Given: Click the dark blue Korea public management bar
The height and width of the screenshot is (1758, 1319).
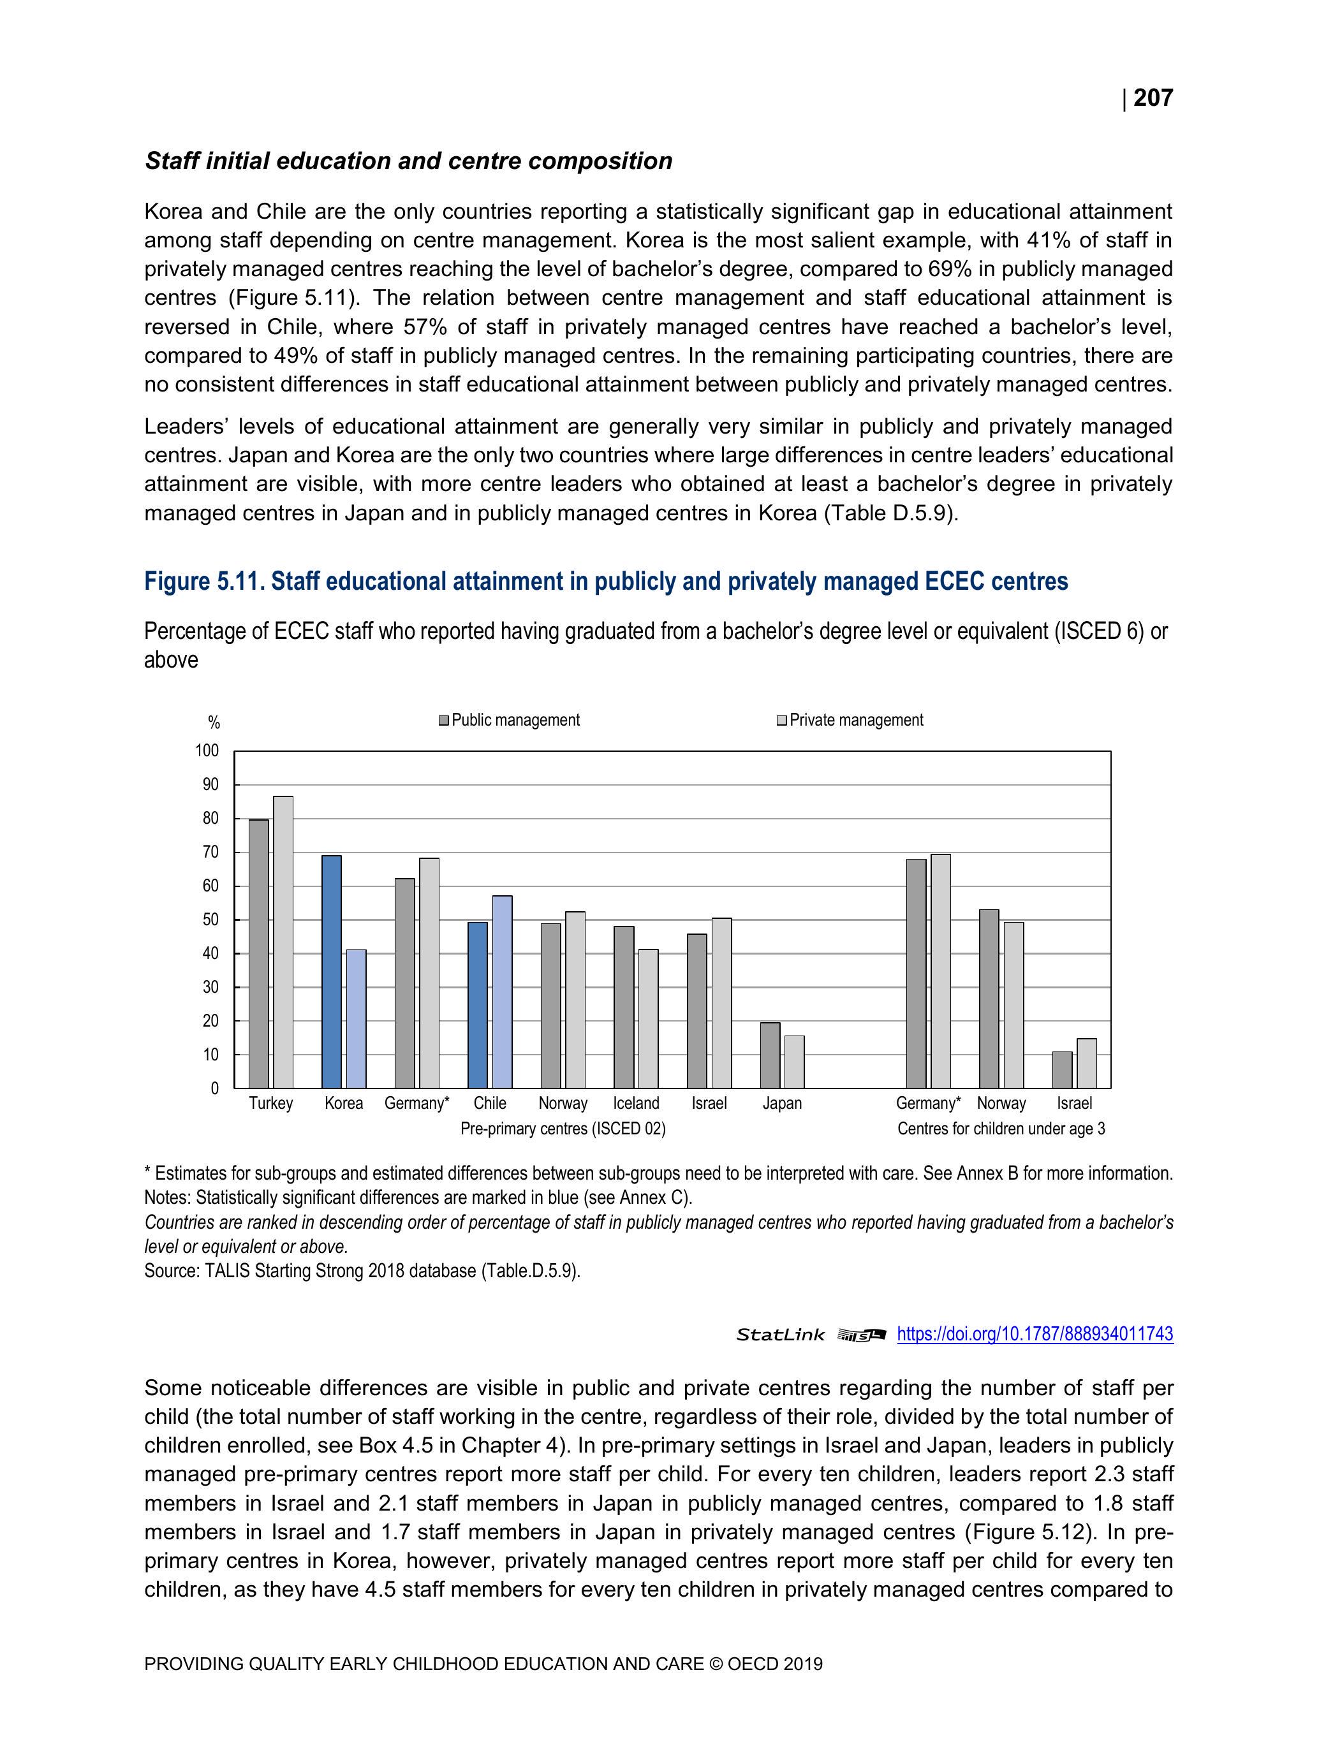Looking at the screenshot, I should pos(332,971).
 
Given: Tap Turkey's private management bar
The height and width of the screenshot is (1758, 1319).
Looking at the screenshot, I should pos(283,942).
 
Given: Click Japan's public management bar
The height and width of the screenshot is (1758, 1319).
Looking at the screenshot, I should pos(770,1055).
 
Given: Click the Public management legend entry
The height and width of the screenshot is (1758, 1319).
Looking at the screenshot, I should pos(509,720).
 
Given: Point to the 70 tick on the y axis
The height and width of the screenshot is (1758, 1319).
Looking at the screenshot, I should pos(210,852).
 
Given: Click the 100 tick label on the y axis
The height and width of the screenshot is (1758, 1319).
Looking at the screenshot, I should pos(207,751).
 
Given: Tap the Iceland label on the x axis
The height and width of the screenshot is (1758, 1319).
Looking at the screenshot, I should pos(636,1103).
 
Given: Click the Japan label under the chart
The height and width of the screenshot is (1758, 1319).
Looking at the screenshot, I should pos(781,1103).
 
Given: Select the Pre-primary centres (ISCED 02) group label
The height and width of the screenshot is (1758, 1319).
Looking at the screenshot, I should pos(563,1129).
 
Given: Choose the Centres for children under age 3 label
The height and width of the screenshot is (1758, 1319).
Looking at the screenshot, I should pos(1001,1129).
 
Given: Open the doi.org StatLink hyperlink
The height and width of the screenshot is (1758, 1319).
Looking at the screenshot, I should pos(1035,1335).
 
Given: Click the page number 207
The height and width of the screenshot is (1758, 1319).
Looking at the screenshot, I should pos(1153,98).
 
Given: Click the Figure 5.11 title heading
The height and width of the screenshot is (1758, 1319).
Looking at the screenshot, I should pos(606,582).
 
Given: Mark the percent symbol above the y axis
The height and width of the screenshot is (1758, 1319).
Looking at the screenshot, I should pos(214,722).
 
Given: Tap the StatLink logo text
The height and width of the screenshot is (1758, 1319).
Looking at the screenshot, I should pos(780,1335).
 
